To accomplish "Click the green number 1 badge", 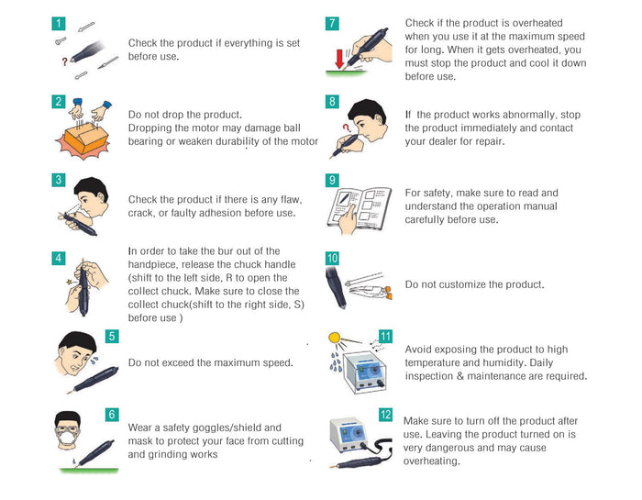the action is click(59, 23).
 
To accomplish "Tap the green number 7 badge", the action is click(332, 23).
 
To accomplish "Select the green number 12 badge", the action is click(385, 415).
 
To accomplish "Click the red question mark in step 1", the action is click(65, 61).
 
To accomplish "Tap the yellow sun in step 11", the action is click(334, 339).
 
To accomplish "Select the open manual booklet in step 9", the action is click(360, 209).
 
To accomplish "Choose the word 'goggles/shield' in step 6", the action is click(222, 428).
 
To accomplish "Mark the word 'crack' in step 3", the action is click(141, 214).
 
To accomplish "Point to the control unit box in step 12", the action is click(348, 435).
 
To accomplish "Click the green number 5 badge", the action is click(112, 336).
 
